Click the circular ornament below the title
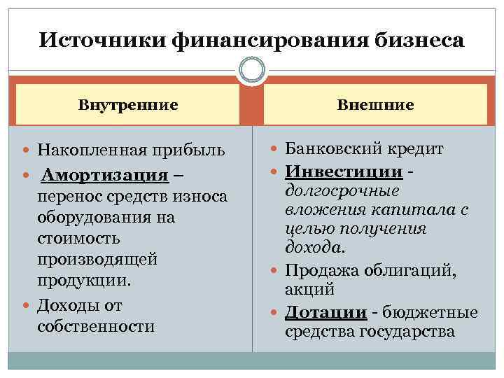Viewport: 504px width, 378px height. [252, 71]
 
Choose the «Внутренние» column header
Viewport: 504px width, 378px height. [128, 105]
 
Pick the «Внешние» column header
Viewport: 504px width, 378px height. [375, 105]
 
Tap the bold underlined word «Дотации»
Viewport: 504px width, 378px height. [325, 312]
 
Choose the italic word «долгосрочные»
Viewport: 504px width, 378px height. [342, 190]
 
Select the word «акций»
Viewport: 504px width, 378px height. [309, 289]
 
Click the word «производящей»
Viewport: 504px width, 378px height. [97, 259]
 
